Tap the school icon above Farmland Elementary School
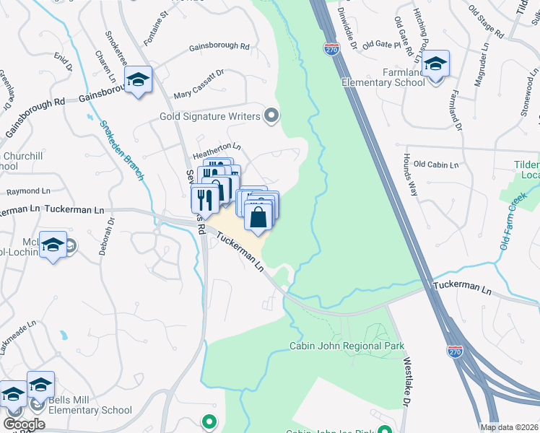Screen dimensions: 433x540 pyautogui.click(x=435, y=64)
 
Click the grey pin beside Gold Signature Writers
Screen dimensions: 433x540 pyautogui.click(x=271, y=115)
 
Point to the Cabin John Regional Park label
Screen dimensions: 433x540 pyautogui.click(x=346, y=346)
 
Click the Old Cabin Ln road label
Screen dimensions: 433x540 pyautogui.click(x=436, y=165)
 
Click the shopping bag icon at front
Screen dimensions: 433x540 pyautogui.click(x=258, y=215)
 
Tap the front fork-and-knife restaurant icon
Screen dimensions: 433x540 pyautogui.click(x=206, y=198)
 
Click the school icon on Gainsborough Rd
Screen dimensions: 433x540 pyautogui.click(x=136, y=81)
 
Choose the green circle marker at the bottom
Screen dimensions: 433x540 pyautogui.click(x=209, y=421)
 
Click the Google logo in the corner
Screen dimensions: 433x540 pyautogui.click(x=24, y=424)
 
